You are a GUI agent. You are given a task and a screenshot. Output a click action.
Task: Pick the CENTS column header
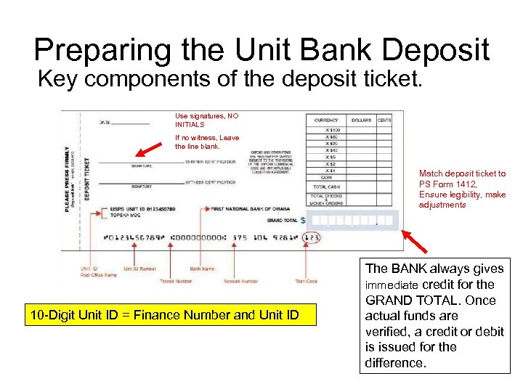click(x=384, y=120)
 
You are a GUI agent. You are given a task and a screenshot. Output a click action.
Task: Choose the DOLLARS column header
click(x=361, y=120)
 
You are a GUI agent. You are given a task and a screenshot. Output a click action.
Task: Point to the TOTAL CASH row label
click(x=326, y=187)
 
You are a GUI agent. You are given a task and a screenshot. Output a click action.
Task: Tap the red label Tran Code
click(x=307, y=281)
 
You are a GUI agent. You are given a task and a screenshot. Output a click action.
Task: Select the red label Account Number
click(x=240, y=281)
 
